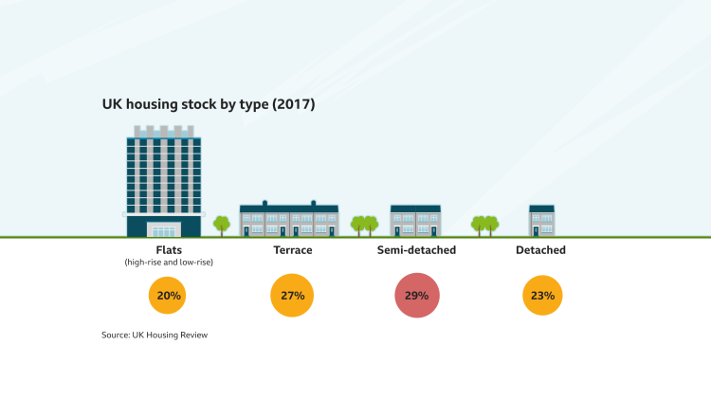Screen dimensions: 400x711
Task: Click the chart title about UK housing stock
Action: point(208,104)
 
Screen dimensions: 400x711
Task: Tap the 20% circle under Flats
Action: point(169,296)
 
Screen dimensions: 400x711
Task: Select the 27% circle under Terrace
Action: point(292,296)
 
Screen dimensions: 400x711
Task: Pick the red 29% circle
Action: point(417,296)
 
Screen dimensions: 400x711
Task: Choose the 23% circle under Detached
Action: point(542,296)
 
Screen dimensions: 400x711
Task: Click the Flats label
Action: point(169,250)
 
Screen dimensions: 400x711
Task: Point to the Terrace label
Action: point(292,250)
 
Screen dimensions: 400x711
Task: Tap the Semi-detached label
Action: point(417,250)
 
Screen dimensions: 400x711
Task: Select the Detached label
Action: point(541,250)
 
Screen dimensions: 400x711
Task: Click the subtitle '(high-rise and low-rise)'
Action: point(169,263)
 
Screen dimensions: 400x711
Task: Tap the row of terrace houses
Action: point(289,220)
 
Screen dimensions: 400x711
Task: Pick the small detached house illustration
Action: point(541,220)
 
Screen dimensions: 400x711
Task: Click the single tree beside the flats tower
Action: point(222,225)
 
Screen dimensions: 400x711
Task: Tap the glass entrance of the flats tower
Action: point(164,229)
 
